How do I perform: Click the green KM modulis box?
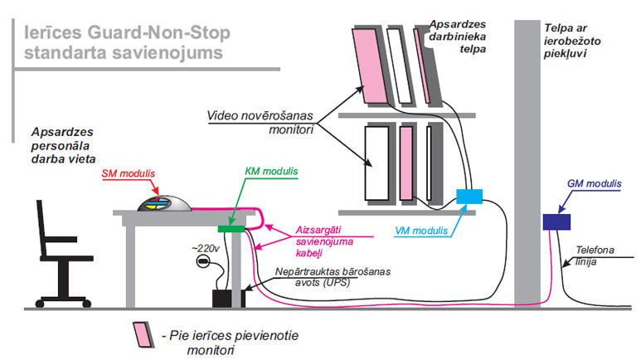pyautogui.click(x=230, y=227)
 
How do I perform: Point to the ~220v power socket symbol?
pyautogui.click(x=202, y=263)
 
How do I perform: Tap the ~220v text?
pyautogui.click(x=206, y=247)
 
